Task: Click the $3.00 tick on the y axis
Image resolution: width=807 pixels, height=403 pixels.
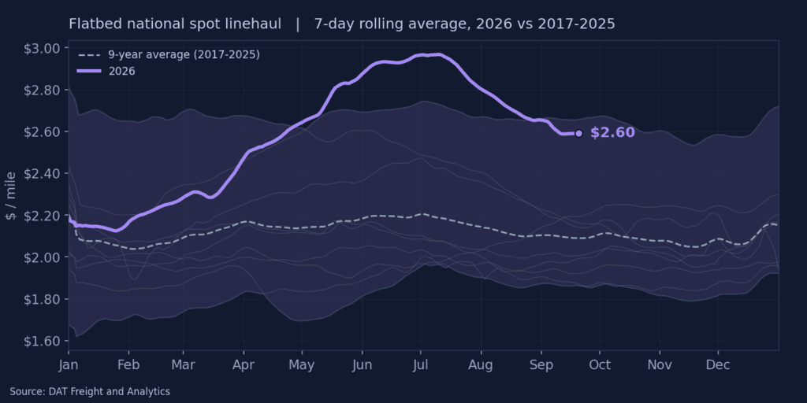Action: coord(43,48)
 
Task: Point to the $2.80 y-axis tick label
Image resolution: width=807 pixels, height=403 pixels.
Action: coord(43,90)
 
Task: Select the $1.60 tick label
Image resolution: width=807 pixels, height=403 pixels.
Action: coord(43,341)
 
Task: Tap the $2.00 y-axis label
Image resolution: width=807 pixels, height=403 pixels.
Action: coord(43,257)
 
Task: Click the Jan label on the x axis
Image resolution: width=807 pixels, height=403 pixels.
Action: coord(69,365)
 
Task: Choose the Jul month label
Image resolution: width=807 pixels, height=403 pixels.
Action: coord(421,365)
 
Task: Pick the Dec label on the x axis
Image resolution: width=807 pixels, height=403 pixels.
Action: coord(718,365)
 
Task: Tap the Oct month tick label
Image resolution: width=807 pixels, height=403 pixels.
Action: coord(600,365)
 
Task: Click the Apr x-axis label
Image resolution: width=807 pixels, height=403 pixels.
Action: coord(243,365)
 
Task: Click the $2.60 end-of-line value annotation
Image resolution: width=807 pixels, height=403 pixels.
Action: coord(612,132)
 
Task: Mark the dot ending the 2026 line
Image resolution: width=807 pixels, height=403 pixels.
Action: coord(578,134)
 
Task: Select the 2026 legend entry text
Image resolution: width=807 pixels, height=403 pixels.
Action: coord(122,71)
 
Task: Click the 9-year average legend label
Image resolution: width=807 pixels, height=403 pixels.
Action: coord(184,55)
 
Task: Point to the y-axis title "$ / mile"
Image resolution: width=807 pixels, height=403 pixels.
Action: coord(11,196)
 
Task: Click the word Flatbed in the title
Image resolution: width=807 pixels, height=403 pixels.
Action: coord(90,24)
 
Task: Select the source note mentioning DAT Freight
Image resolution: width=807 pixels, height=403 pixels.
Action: coord(90,392)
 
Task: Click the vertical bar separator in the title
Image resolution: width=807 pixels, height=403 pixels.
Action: coord(298,24)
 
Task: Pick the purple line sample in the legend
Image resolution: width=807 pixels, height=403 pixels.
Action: coord(89,71)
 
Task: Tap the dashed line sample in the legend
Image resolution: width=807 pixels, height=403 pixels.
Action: coord(89,55)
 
